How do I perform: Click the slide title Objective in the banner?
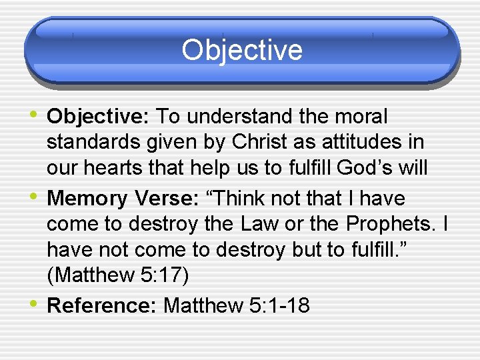pyautogui.click(x=241, y=50)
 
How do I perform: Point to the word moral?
pyautogui.click(x=361, y=117)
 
